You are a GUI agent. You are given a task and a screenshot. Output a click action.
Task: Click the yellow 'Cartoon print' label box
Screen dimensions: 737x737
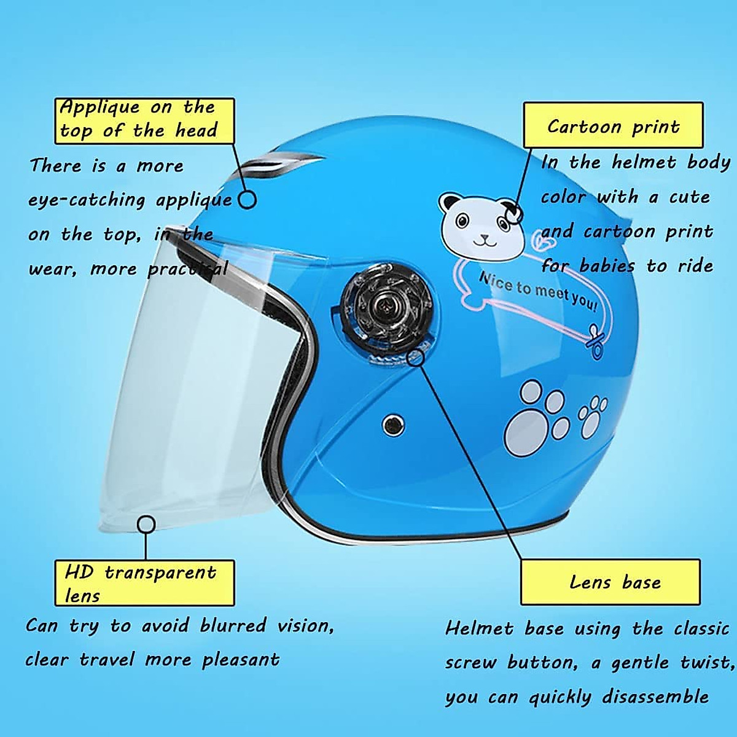(x=613, y=125)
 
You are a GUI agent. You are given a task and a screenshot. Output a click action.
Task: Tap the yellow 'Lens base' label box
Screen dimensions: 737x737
(x=610, y=582)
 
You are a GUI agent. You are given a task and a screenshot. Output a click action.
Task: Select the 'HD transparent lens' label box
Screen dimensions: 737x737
(x=144, y=583)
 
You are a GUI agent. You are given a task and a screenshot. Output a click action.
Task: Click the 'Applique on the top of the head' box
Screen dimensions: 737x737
(x=144, y=121)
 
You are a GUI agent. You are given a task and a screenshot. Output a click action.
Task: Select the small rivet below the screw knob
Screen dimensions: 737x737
(x=392, y=424)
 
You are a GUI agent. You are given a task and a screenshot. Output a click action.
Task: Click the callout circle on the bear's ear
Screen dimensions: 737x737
(x=513, y=214)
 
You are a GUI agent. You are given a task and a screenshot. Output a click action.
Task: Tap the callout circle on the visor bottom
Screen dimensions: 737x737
(x=146, y=524)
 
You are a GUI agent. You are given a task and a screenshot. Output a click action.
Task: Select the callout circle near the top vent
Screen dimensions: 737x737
(x=247, y=200)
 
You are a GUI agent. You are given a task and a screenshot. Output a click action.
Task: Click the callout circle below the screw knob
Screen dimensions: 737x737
(x=416, y=357)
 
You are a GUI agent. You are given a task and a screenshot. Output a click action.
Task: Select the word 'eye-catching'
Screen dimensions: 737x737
(x=87, y=200)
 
